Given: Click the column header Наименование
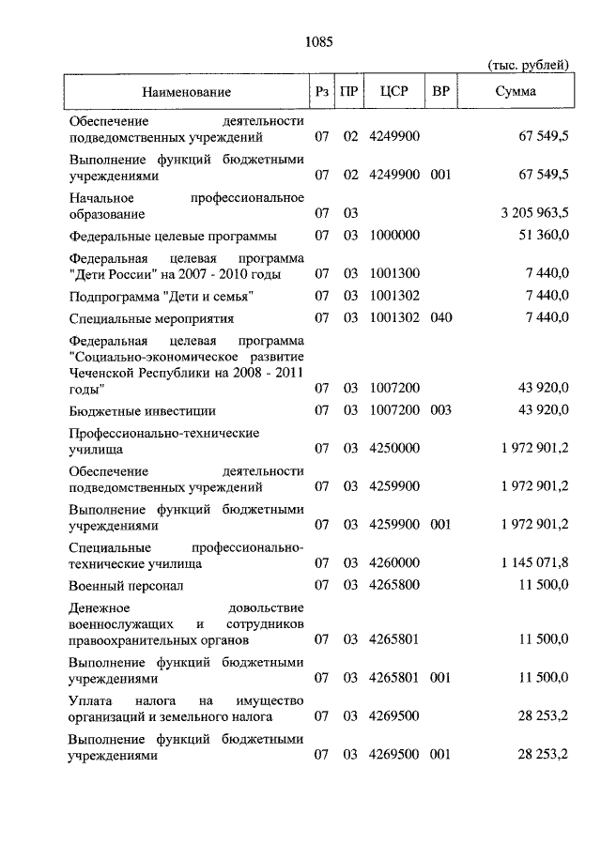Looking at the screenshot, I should tap(187, 92).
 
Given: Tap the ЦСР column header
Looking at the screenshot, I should tap(393, 92).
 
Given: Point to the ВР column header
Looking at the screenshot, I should tap(440, 92).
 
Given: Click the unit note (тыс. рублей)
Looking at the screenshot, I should tap(529, 65).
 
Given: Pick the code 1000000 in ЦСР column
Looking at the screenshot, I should tap(393, 235).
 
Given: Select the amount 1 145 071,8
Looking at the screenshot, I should tap(535, 562).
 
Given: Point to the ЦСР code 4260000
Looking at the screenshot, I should tap(393, 562).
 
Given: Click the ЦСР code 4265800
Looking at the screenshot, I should tap(393, 585).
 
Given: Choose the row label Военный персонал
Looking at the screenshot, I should tap(126, 585).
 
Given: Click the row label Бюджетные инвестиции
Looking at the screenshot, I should tap(143, 410).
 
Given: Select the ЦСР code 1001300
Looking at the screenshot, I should tap(393, 273).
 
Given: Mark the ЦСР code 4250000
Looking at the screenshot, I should tap(393, 449).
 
